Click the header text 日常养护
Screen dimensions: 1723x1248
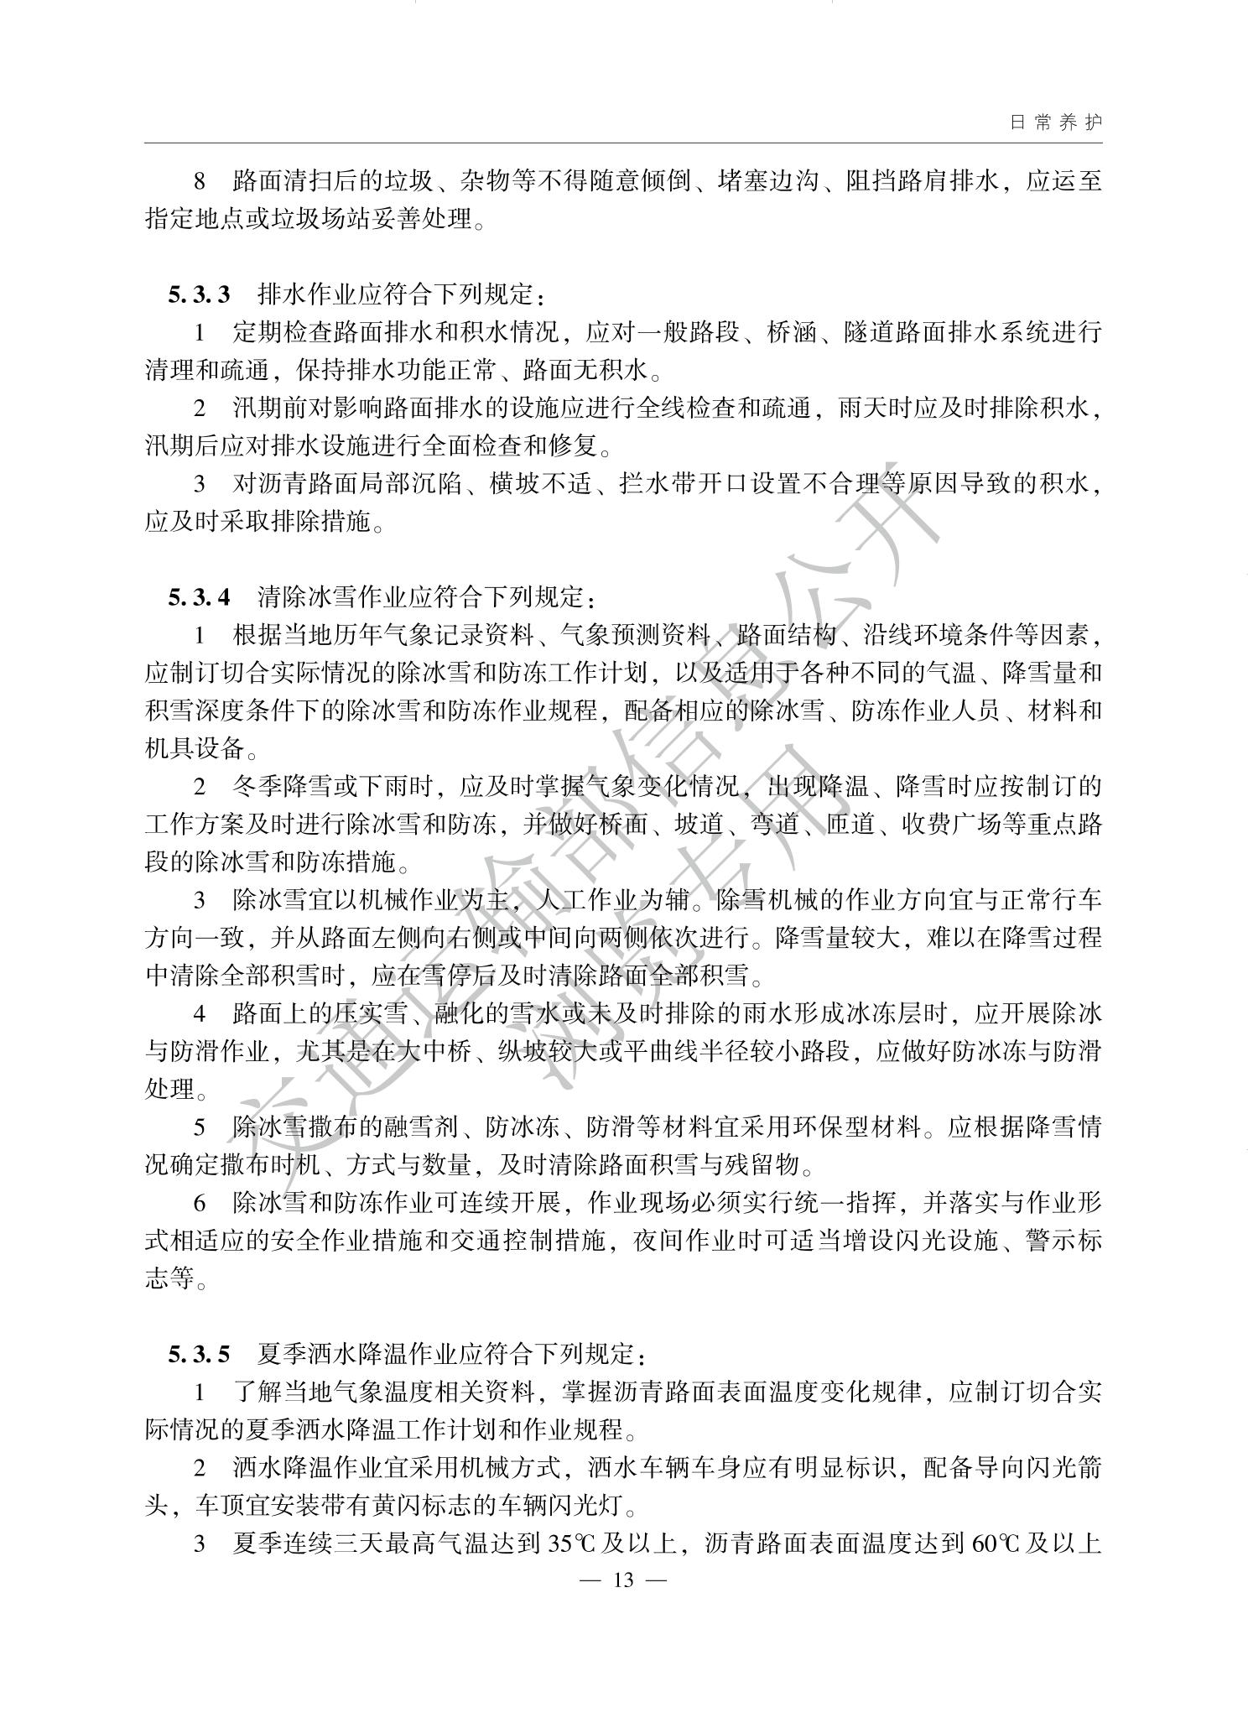[1055, 122]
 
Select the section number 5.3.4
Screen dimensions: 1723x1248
[199, 597]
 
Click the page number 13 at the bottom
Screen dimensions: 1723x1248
[623, 1580]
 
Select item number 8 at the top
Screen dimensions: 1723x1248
[200, 181]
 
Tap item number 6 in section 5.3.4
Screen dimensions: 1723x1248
[200, 1203]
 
